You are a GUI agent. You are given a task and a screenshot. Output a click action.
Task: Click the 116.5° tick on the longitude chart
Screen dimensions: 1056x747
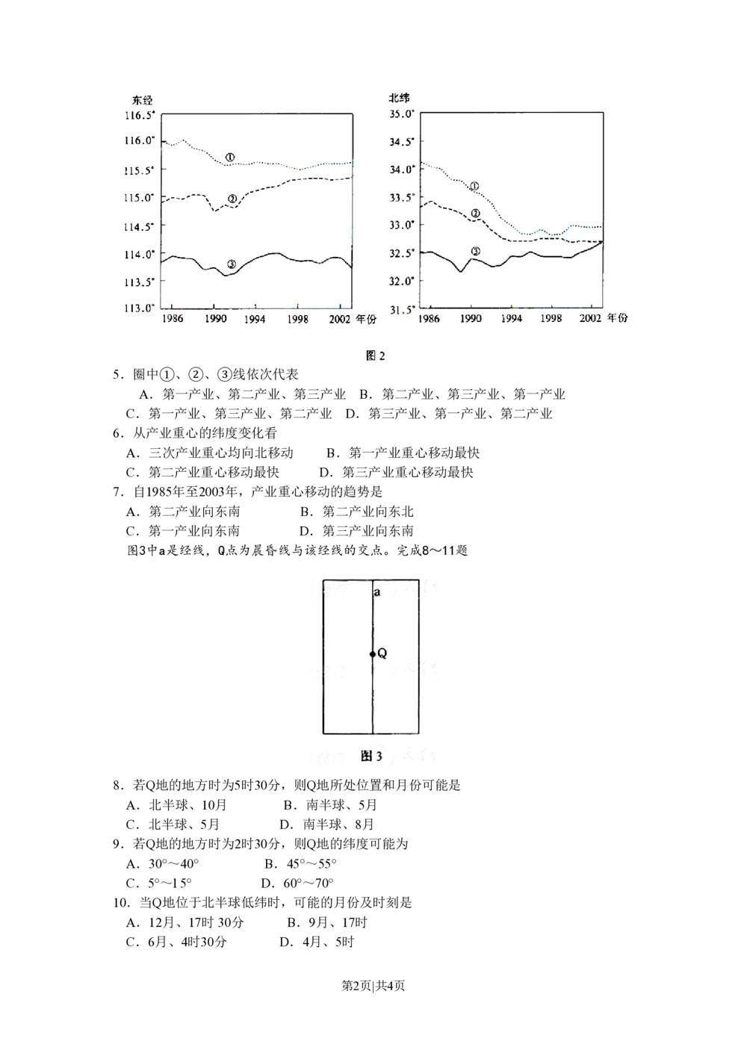[140, 115]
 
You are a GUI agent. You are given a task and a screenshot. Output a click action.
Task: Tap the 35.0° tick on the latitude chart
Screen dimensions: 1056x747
[402, 114]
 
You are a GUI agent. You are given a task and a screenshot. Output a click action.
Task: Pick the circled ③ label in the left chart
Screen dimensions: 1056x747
[231, 264]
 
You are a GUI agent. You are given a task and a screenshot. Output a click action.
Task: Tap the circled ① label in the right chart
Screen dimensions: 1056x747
[474, 185]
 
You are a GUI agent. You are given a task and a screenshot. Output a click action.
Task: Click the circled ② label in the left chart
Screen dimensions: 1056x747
[232, 199]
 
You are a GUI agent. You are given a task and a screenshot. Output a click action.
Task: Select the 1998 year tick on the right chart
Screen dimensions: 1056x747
[551, 318]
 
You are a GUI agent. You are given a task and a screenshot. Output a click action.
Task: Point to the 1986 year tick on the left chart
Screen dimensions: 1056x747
[172, 319]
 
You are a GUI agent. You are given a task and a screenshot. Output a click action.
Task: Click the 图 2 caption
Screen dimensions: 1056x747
[375, 355]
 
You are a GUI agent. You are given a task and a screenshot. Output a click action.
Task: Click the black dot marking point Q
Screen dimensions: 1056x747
[372, 654]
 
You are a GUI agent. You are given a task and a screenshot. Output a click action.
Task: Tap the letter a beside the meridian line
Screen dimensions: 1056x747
[377, 592]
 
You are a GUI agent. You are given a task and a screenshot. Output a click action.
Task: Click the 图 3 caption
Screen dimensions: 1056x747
[371, 757]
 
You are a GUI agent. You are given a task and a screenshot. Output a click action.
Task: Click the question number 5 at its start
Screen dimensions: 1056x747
[117, 374]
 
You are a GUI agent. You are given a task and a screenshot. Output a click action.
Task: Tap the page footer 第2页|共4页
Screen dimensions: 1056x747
[373, 986]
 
